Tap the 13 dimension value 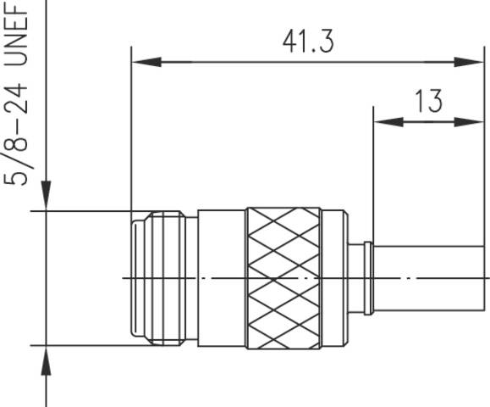[x=429, y=102]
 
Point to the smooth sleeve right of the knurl [x=335, y=277]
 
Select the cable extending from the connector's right [x=432, y=277]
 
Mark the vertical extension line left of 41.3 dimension [x=131, y=127]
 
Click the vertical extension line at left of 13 [x=373, y=170]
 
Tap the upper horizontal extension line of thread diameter [x=85, y=210]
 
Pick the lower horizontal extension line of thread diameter [x=85, y=345]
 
